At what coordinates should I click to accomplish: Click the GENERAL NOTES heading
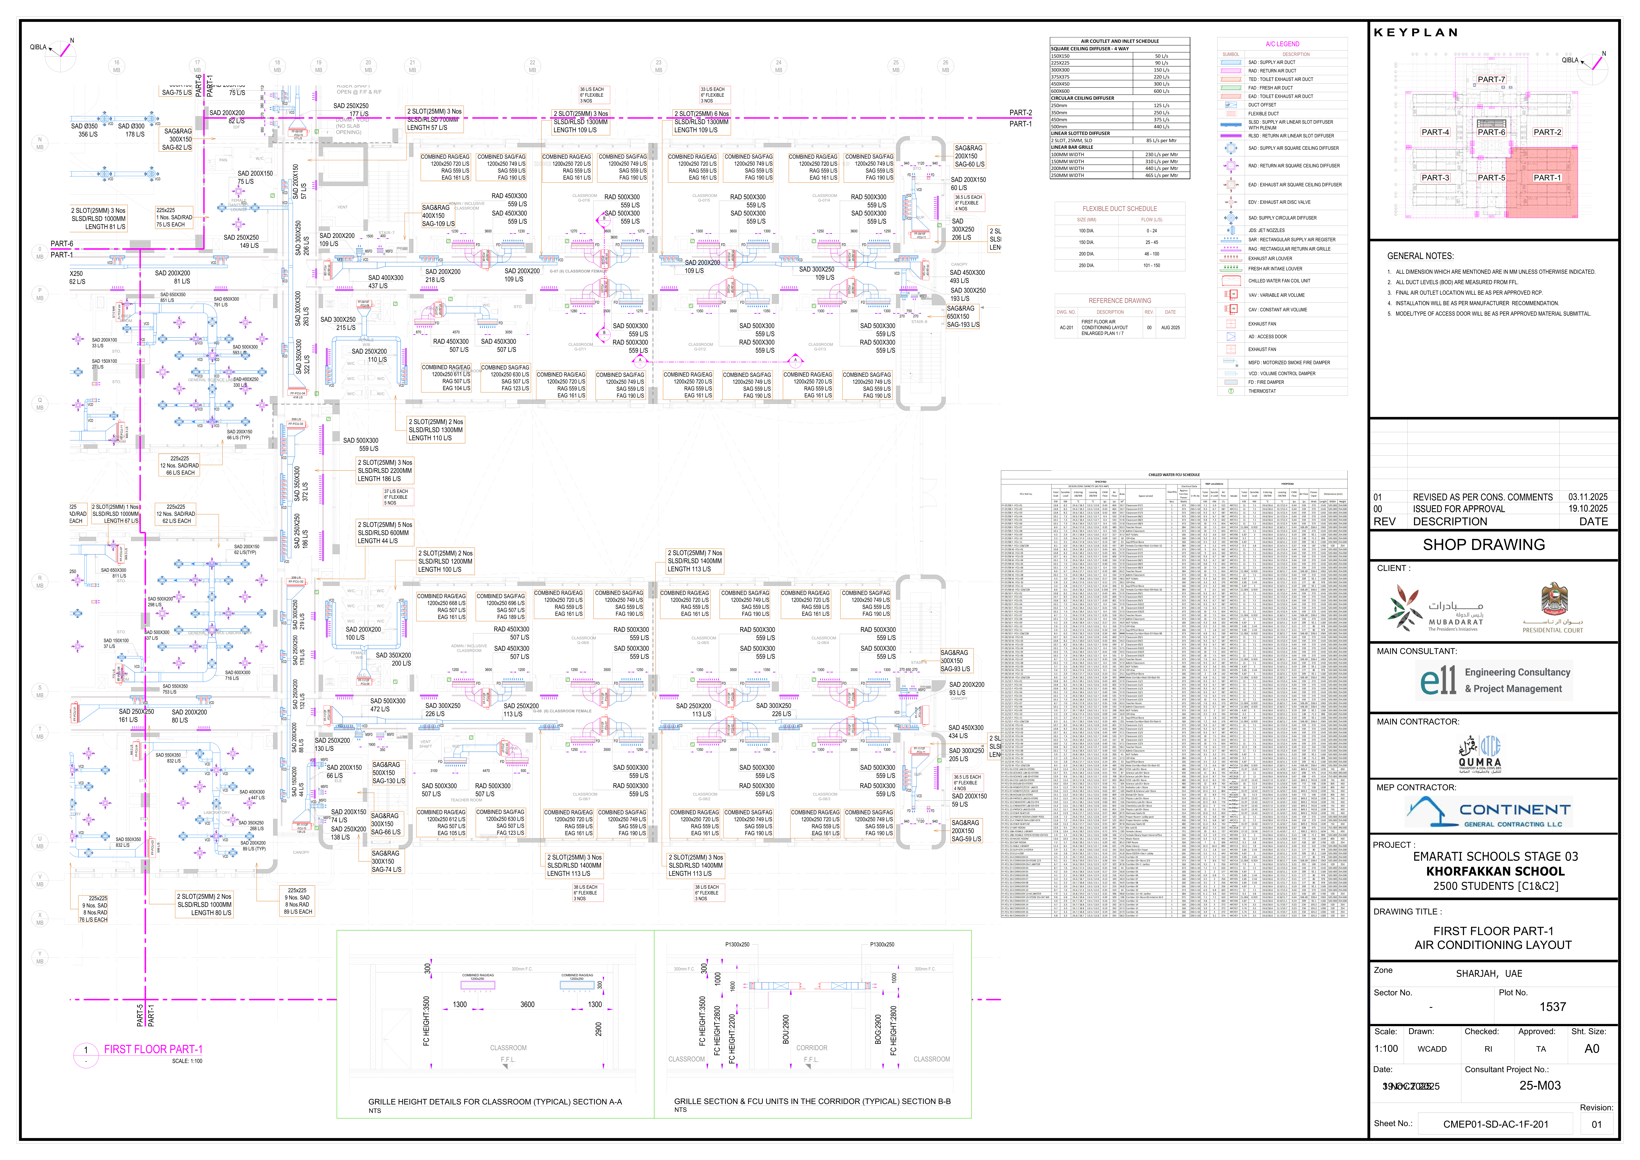pyautogui.click(x=1420, y=256)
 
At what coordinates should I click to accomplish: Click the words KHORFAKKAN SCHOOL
pyautogui.click(x=1495, y=871)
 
